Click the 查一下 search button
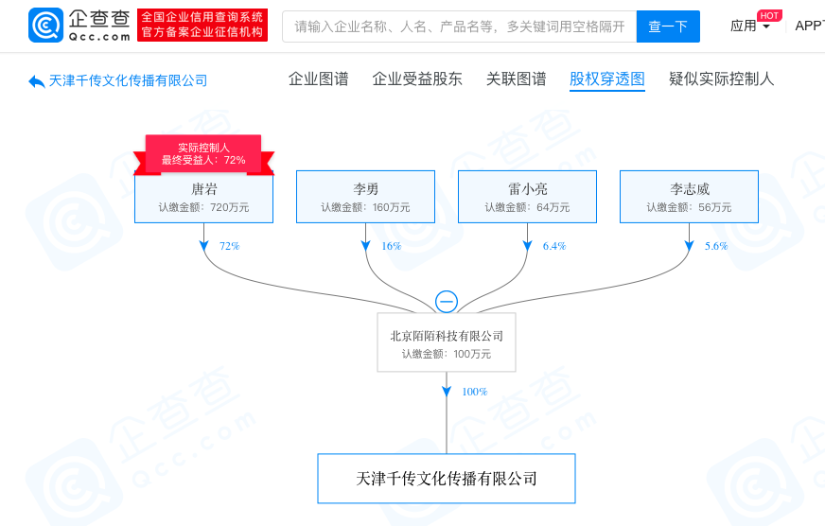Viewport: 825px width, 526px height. tap(668, 26)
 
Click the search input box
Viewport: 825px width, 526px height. tap(459, 26)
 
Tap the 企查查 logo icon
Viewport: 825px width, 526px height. tap(45, 26)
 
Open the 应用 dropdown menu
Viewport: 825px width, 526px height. tap(750, 26)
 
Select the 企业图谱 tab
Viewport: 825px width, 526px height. tap(318, 79)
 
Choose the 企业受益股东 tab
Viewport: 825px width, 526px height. tap(417, 79)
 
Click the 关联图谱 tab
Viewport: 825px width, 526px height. tap(516, 79)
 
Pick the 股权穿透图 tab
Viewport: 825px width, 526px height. tap(607, 79)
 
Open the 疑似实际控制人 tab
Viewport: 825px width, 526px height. tap(721, 79)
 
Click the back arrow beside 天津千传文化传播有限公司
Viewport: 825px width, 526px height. tap(37, 81)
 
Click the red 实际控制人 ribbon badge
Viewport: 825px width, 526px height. tap(203, 154)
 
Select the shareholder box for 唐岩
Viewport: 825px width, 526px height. tap(203, 197)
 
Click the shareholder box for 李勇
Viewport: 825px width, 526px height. tap(365, 197)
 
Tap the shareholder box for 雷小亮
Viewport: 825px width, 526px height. tap(527, 197)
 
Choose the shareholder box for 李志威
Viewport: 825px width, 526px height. tap(689, 197)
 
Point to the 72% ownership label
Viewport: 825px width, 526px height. tap(229, 246)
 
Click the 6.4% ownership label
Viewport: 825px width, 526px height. tap(554, 246)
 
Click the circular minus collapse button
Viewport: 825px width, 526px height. tap(447, 302)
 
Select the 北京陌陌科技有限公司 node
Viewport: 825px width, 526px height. tap(447, 343)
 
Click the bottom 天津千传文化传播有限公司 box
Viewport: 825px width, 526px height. tap(447, 479)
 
